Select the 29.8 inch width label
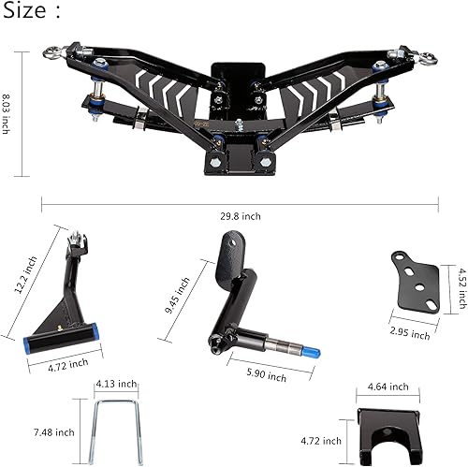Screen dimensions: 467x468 (241, 216)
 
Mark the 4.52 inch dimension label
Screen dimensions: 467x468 (461, 288)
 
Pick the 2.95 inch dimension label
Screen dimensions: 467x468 (409, 332)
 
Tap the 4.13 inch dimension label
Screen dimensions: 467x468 (117, 384)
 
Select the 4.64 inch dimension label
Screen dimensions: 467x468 (388, 386)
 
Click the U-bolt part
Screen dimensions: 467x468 (116, 427)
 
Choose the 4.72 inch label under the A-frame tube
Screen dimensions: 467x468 (66, 362)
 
